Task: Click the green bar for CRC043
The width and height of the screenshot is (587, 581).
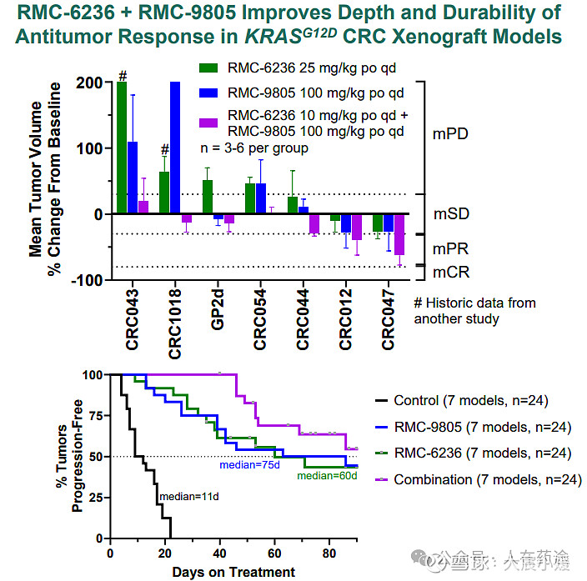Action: pyautogui.click(x=122, y=148)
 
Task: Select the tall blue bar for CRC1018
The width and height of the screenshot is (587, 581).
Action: pyautogui.click(x=174, y=148)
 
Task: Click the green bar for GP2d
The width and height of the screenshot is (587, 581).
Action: pyautogui.click(x=208, y=197)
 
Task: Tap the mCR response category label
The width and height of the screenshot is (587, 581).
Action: pyautogui.click(x=451, y=272)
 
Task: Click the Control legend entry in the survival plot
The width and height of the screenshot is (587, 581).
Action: pyautogui.click(x=470, y=401)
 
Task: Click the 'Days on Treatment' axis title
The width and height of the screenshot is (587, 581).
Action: pyautogui.click(x=233, y=572)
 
